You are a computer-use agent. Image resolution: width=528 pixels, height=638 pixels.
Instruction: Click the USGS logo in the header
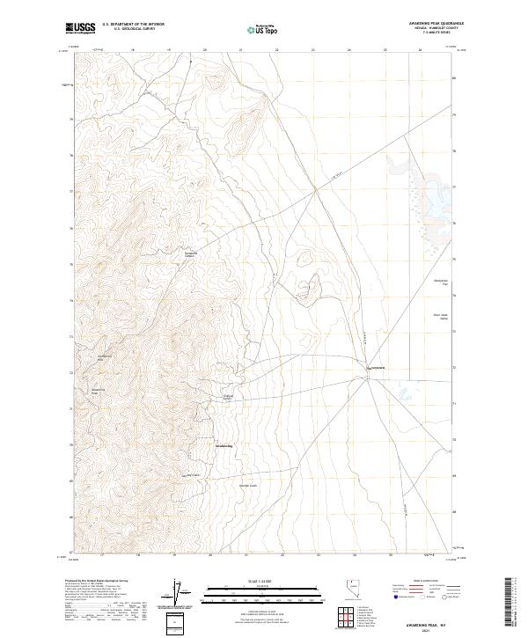[80, 28]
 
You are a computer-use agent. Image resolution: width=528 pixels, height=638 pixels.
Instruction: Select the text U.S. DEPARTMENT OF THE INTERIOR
[133, 25]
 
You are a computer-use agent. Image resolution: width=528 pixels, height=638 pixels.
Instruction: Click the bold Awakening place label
[224, 446]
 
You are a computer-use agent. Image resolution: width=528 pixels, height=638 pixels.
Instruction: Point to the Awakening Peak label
[99, 391]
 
